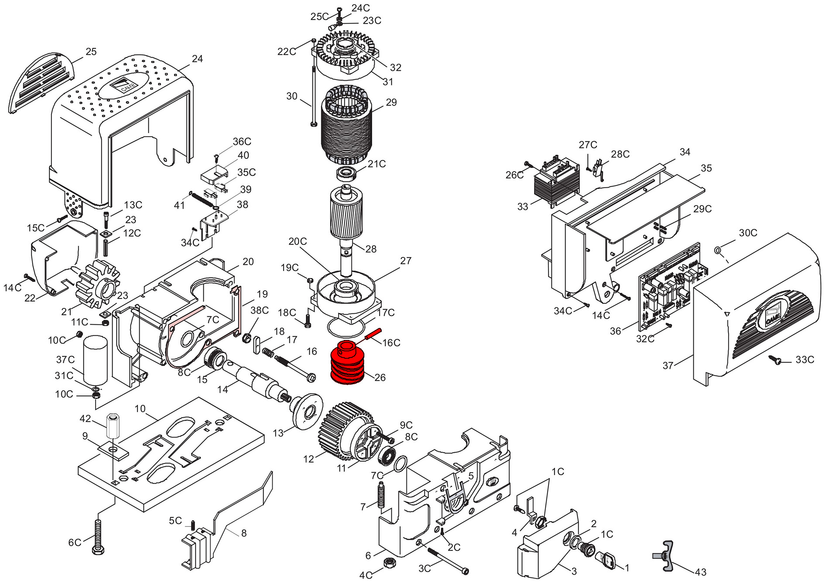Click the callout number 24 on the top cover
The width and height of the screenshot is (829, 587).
(197, 58)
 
